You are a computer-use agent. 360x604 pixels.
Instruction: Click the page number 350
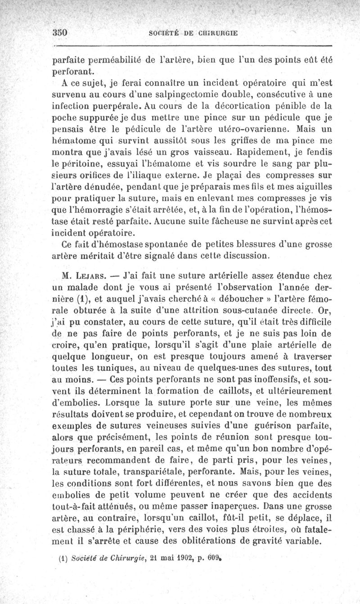click(59, 33)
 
